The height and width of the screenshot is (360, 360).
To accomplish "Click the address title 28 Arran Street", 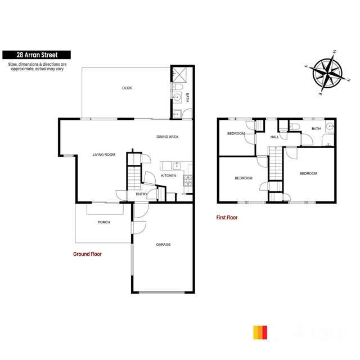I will (37, 55).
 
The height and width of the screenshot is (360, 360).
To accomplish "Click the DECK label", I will (127, 88).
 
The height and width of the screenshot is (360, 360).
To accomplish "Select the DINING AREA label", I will (167, 137).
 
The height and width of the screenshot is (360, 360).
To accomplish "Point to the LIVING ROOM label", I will (104, 154).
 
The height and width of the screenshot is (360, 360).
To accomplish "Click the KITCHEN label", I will (169, 175).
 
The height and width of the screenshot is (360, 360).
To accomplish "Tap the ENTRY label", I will (141, 195).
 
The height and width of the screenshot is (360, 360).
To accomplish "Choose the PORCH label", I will (103, 222).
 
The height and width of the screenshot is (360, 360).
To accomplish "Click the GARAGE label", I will (163, 244).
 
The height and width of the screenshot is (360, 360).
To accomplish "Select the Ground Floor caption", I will (87, 254).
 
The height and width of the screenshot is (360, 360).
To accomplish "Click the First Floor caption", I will (227, 217).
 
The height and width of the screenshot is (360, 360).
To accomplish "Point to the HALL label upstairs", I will (274, 137).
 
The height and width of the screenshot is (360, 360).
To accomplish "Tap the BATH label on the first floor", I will (316, 129).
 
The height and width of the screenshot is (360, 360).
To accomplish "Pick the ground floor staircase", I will (133, 179).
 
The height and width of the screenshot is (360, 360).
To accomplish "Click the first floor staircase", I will (274, 163).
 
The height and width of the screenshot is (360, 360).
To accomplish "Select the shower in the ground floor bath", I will (177, 74).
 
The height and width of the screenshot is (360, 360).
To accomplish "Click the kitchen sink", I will (177, 165).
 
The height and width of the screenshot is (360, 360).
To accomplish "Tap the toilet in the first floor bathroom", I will (294, 127).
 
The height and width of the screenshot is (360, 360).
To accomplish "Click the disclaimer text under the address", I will (37, 66).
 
